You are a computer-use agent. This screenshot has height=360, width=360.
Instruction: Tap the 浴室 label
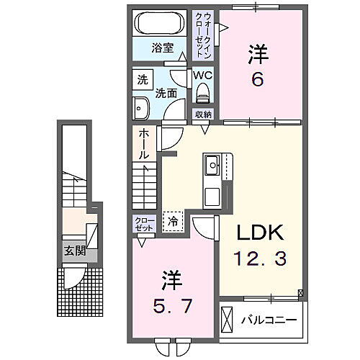click(163, 48)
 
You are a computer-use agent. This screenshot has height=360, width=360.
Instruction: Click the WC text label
click(202, 75)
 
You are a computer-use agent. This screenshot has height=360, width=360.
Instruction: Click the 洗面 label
click(166, 92)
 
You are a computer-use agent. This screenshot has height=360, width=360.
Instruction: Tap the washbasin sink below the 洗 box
click(140, 108)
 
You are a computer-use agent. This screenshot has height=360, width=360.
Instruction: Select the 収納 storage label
click(202, 114)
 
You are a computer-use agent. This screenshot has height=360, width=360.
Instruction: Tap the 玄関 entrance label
click(74, 251)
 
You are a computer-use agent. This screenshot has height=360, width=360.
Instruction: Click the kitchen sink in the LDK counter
click(214, 168)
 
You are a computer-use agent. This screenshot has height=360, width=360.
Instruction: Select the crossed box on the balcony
click(228, 318)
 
